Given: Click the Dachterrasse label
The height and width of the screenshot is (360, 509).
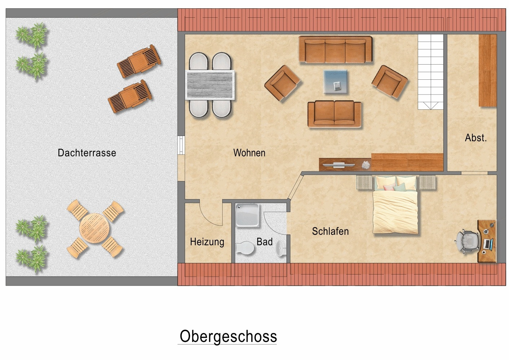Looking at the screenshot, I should (87, 153).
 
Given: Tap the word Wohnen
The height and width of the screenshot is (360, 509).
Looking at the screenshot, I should (249, 153).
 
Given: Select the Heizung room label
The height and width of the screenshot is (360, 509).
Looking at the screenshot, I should (207, 242).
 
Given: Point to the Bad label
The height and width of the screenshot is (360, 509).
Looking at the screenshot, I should (264, 242).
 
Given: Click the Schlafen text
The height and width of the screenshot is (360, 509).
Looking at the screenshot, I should (330, 231).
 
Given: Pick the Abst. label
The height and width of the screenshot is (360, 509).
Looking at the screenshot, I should (475, 138).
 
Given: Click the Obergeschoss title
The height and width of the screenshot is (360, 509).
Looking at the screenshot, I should (228, 336).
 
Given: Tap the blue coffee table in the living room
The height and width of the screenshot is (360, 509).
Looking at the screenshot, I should (336, 82).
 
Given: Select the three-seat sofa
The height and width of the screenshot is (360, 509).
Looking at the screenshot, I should (335, 50).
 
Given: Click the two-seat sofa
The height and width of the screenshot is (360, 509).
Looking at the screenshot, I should (334, 114).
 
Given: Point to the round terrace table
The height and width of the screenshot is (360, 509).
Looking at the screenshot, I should (95, 229).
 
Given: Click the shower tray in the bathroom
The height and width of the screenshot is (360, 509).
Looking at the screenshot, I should (247, 215).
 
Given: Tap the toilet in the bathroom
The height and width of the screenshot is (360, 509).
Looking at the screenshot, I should (245, 248).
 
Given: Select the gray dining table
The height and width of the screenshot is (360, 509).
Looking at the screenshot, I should (210, 85).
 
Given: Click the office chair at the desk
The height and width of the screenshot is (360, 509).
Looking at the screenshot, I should (468, 241).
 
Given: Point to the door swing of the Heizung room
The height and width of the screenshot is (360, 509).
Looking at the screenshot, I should (211, 215).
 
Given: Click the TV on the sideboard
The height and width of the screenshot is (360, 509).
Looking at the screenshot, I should (338, 165).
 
